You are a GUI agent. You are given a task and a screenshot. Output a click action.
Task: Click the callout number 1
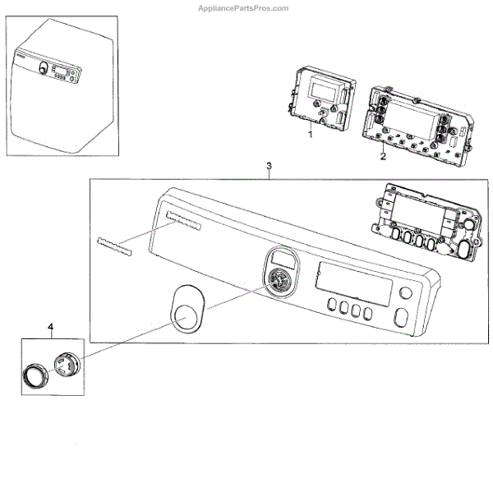pos(310,134)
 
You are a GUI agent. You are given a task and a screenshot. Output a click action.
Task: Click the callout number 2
pos(383,155)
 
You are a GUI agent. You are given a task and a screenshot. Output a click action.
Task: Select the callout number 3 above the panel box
pos(270,167)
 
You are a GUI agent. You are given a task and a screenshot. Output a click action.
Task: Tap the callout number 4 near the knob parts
pos(51,328)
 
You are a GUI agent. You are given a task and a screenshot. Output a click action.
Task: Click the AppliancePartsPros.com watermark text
pos(243,8)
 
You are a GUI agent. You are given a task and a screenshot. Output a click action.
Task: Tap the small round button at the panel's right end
pos(404,295)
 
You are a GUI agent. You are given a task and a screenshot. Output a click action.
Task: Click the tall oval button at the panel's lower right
pos(400,318)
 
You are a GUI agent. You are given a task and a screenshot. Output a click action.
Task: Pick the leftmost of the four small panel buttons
pos(330,308)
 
